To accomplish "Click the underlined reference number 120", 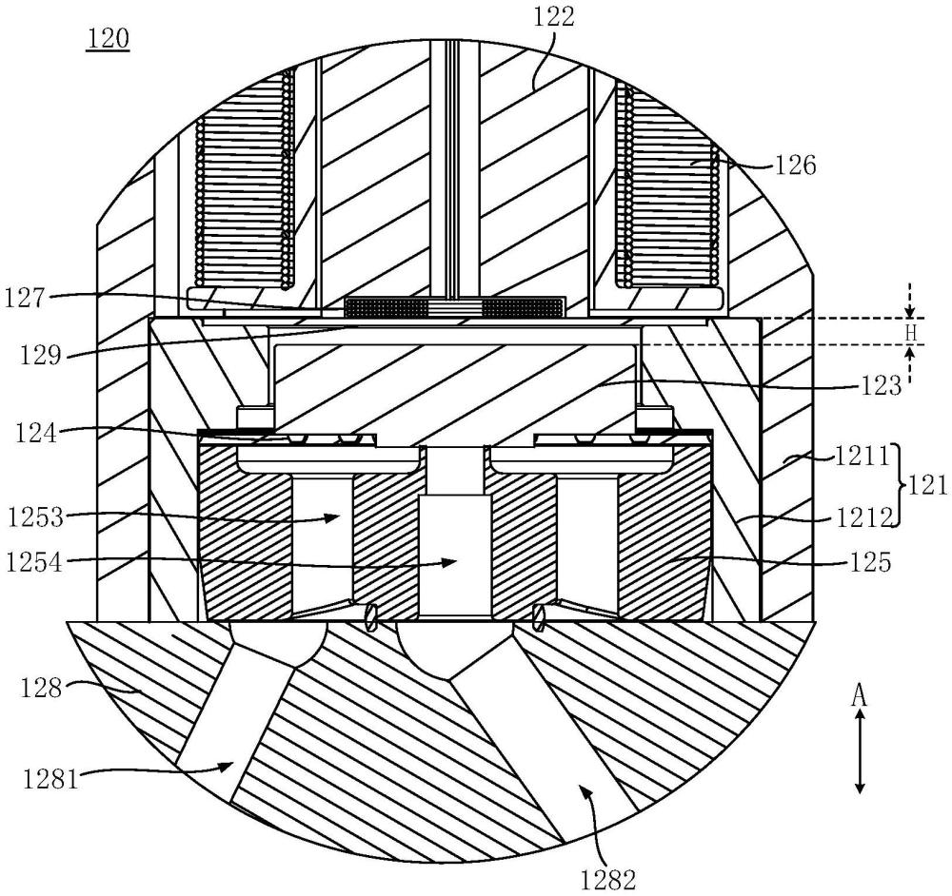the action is point(109,38).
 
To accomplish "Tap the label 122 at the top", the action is point(553,17).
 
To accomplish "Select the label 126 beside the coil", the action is point(795,165).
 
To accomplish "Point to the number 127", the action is point(25,299).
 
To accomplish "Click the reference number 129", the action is point(41,354).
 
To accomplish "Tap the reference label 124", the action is point(37,435).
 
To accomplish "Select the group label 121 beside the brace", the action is point(927,485).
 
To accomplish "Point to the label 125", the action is point(869,563).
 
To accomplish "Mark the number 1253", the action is point(35,518).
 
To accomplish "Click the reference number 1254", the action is point(34,563).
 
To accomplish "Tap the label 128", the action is point(41,689).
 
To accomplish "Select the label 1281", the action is point(51,778).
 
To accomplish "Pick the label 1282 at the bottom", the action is point(607,879).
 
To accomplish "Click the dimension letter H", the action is point(910,332).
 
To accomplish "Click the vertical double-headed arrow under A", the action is point(859,751).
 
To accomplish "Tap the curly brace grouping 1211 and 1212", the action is point(899,485).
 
